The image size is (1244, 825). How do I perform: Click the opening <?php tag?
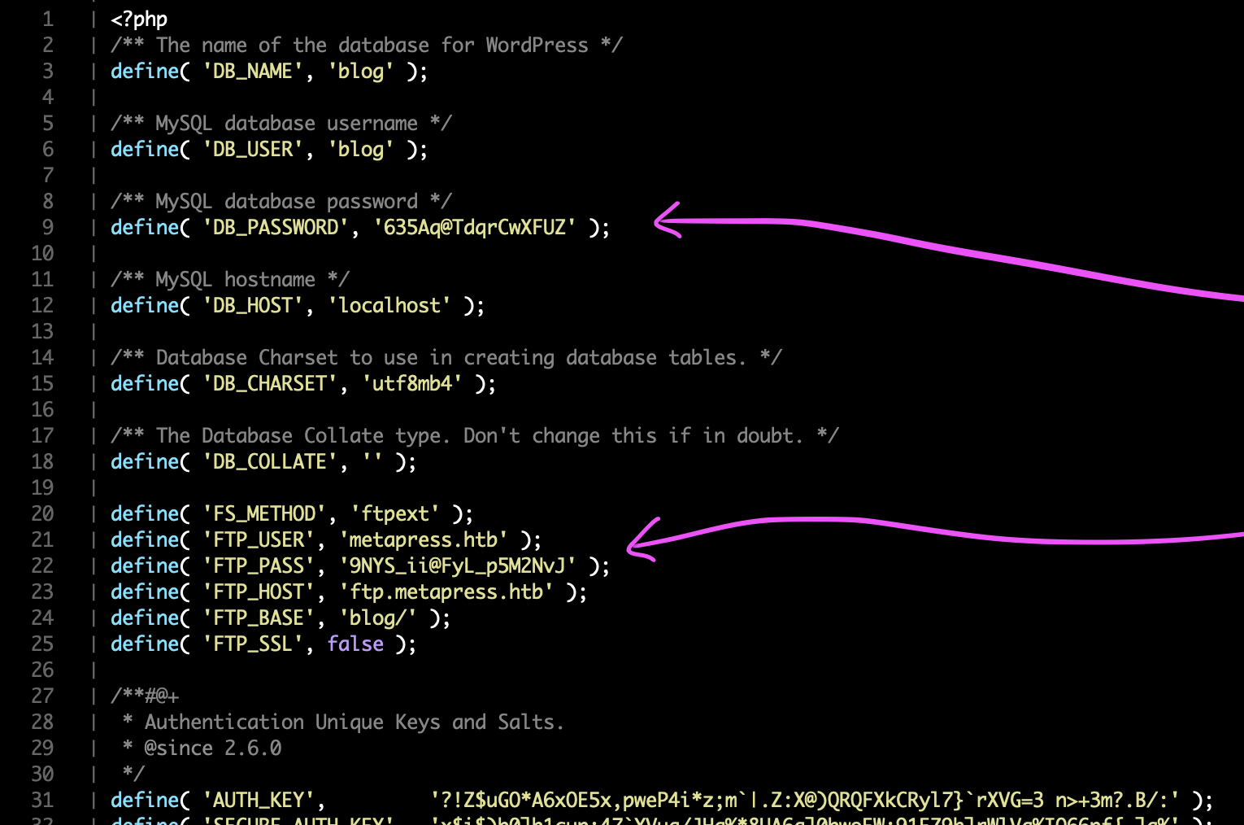coord(139,19)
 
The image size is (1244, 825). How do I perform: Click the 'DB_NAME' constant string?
coord(254,71)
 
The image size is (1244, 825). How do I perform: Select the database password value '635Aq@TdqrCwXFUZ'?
coord(475,227)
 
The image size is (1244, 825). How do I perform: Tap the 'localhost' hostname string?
coord(389,305)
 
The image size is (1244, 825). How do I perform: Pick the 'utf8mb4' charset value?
coord(411,383)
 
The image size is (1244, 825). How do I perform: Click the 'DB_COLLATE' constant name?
coord(270,461)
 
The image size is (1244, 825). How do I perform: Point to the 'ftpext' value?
coord(395,513)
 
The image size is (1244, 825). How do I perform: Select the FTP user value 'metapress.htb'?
coord(424,539)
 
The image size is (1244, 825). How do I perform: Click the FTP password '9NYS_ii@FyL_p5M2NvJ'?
coord(458,565)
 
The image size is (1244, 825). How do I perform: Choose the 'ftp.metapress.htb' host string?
coord(446,591)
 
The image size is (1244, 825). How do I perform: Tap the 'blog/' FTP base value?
coord(378,618)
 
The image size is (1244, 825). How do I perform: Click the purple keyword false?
coord(355,644)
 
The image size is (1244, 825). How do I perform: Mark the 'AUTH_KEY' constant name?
coord(259,800)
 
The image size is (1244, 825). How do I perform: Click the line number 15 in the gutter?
coord(42,383)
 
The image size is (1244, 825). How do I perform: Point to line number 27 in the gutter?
coord(42,696)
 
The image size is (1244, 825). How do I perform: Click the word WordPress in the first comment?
coord(537,45)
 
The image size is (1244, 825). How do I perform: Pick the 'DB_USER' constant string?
coord(254,149)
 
